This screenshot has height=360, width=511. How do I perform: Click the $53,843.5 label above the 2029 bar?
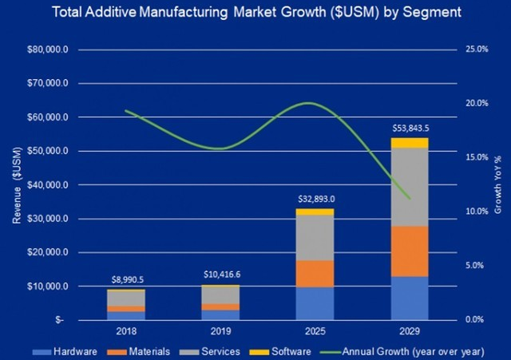click(410, 128)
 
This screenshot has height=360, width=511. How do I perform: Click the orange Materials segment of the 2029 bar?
click(410, 251)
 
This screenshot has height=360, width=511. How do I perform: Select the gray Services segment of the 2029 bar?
click(410, 187)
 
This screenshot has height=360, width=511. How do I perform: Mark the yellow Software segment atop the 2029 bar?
click(410, 143)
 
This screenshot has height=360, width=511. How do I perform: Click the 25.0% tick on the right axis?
click(477, 49)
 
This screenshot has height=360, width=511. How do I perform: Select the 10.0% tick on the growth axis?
click(477, 212)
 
